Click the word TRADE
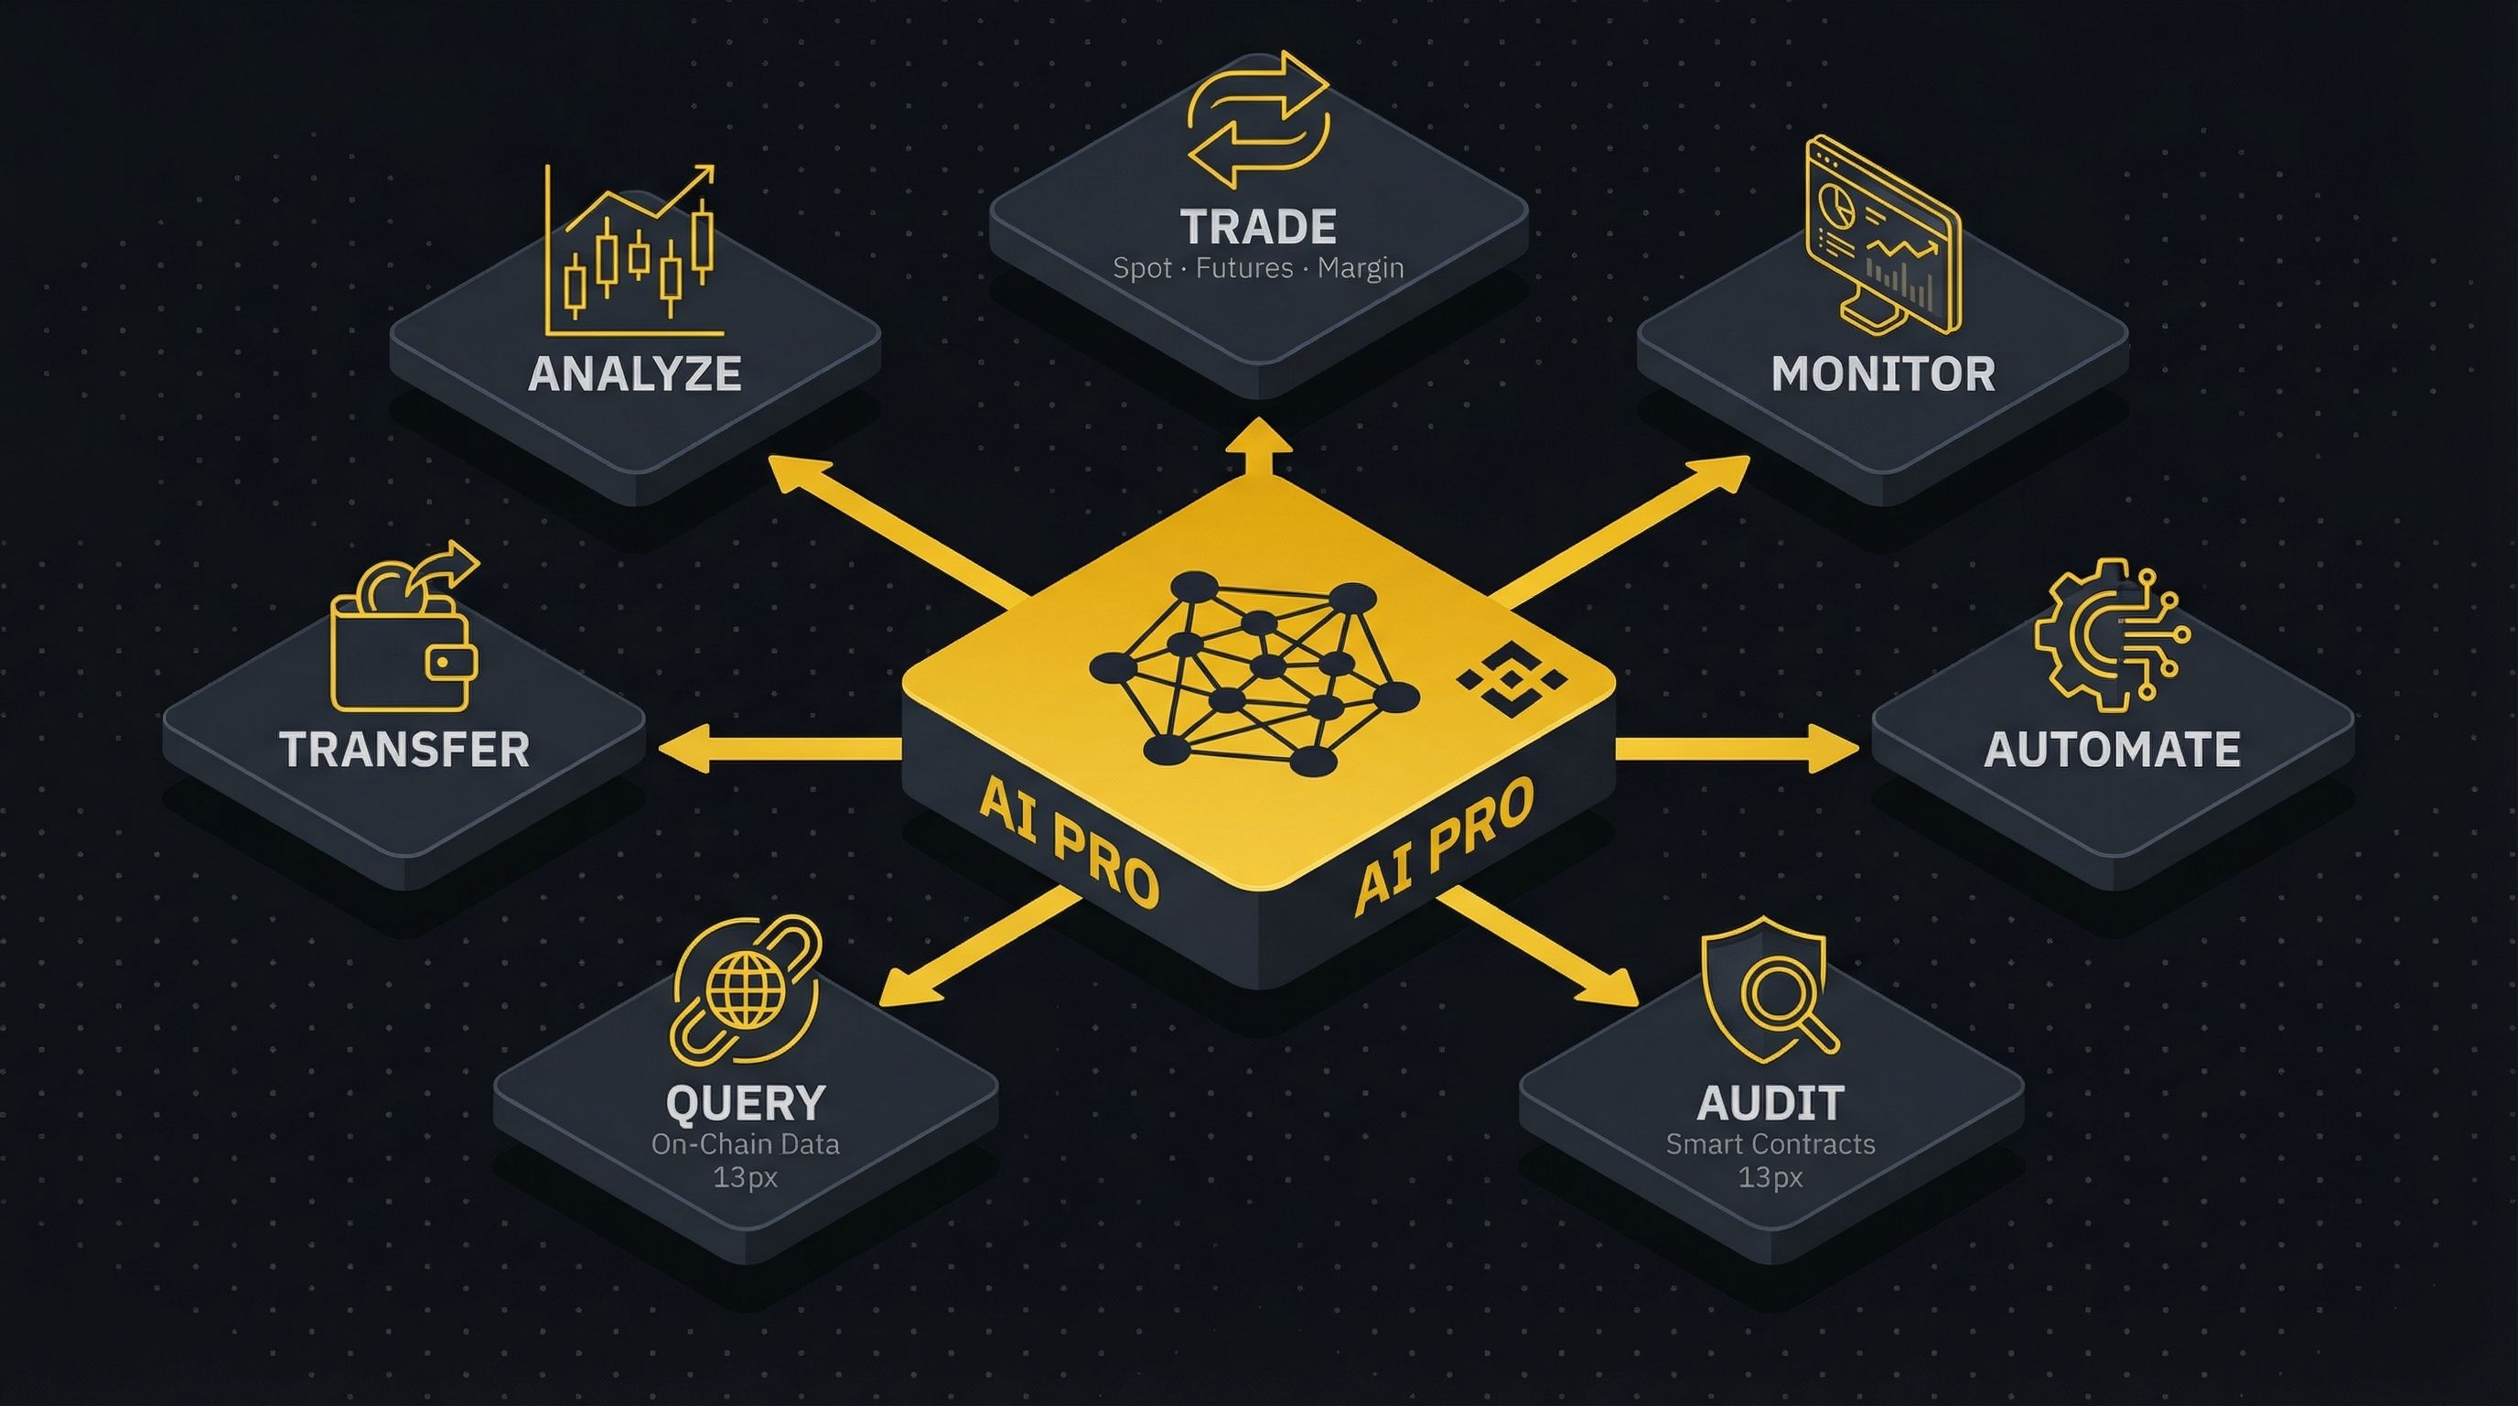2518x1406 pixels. coord(1258,227)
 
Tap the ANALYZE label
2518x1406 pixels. coord(634,373)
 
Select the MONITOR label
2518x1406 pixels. coord(1883,373)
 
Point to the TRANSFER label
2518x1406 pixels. coord(404,749)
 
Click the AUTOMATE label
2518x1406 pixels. coord(2112,749)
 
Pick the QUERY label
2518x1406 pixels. coord(745,1102)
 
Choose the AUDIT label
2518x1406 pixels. coord(1770,1102)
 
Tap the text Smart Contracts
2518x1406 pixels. coord(1770,1144)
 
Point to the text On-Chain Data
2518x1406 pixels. coord(745,1144)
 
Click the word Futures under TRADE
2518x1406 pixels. coord(1244,268)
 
